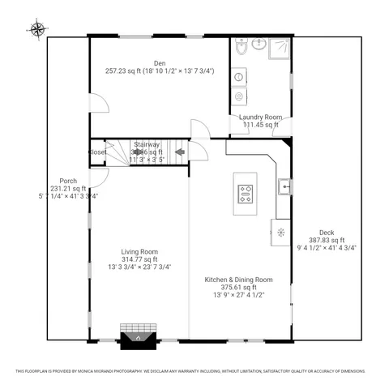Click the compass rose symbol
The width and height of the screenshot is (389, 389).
[37, 31]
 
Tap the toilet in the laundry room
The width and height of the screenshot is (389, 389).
[242, 48]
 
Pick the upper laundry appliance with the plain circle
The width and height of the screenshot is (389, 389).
[240, 77]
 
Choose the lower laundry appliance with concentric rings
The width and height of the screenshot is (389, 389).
[240, 96]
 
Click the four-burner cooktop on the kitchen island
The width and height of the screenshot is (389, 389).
[246, 194]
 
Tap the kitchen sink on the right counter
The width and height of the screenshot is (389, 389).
[284, 187]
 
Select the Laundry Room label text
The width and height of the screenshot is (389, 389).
[259, 118]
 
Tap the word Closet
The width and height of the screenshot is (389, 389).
[97, 152]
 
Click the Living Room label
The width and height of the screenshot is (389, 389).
[139, 251]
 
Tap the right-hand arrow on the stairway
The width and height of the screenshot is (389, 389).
[180, 152]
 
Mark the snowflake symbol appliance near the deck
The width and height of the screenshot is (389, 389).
[280, 232]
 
